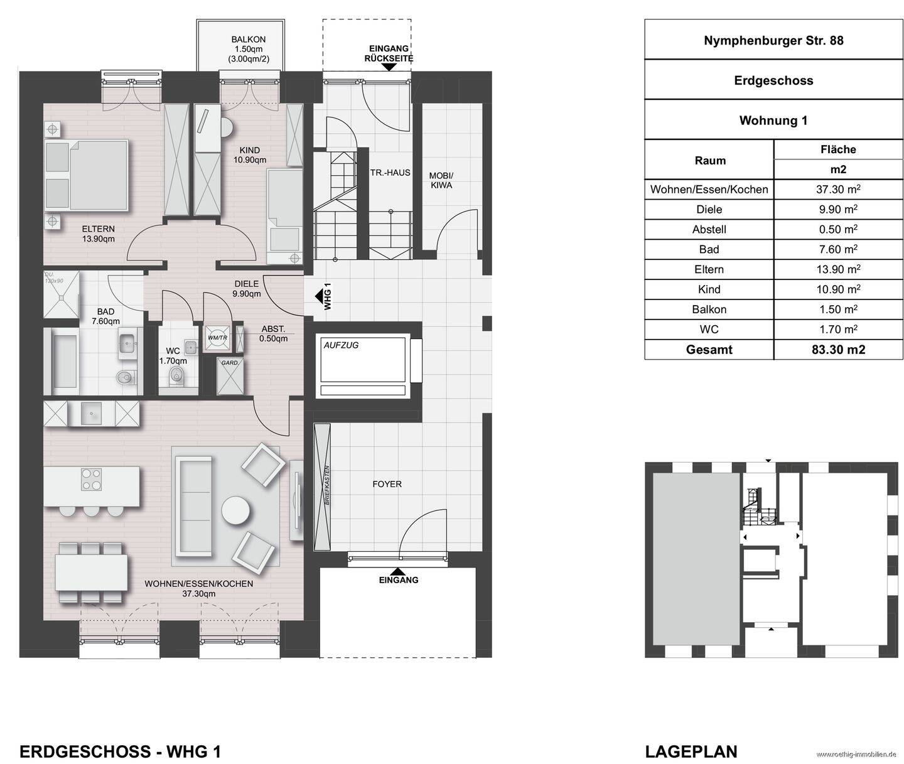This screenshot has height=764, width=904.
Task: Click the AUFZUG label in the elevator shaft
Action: pyautogui.click(x=341, y=345)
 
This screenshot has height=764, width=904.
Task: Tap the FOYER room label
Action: pyautogui.click(x=387, y=484)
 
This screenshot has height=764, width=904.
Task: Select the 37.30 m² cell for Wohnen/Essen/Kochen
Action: pyautogui.click(x=838, y=189)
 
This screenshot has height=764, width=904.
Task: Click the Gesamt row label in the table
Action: pyautogui.click(x=709, y=350)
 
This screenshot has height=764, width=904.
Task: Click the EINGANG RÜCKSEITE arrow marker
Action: pyautogui.click(x=389, y=67)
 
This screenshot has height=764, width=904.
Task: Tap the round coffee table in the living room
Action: pyautogui.click(x=236, y=510)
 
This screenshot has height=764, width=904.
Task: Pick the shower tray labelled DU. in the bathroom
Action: pyautogui.click(x=62, y=294)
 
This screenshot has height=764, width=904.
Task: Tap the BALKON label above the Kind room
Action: pyautogui.click(x=241, y=40)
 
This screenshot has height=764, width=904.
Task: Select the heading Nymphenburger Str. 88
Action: pyautogui.click(x=773, y=40)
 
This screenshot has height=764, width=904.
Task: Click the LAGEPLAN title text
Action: pyautogui.click(x=691, y=751)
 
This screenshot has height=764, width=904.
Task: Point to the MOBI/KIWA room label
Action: pyautogui.click(x=441, y=180)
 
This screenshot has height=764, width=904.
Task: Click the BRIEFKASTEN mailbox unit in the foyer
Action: pyautogui.click(x=322, y=487)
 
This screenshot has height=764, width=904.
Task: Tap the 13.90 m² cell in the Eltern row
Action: pyautogui.click(x=838, y=269)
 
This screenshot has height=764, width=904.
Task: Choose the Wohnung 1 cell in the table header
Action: pyautogui.click(x=773, y=120)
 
